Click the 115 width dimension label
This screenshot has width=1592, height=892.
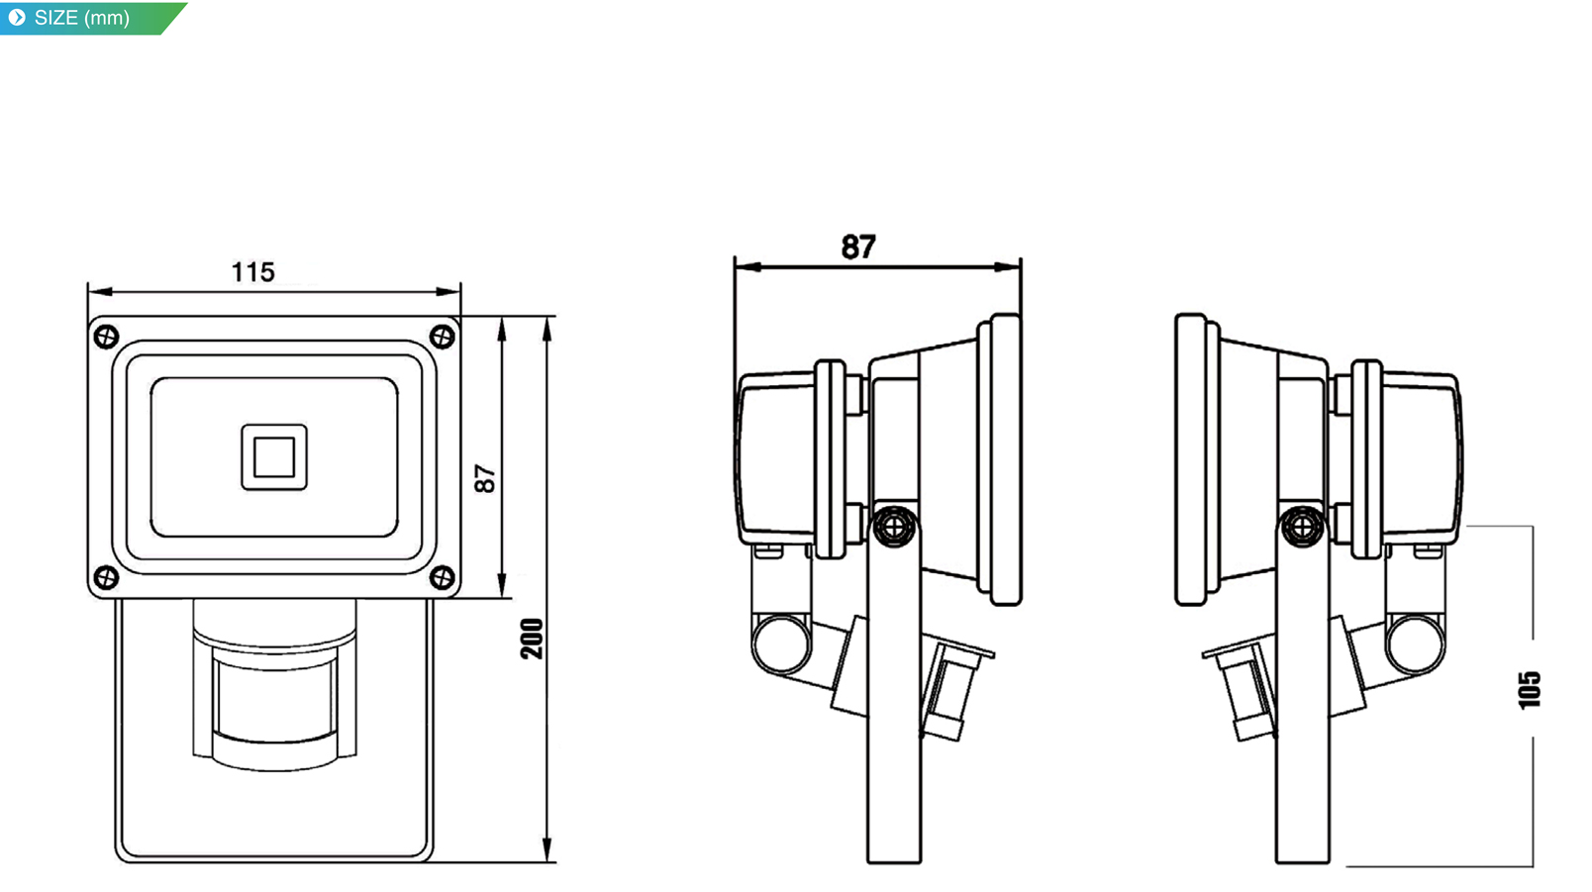[253, 272]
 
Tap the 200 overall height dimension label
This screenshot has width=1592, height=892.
[533, 639]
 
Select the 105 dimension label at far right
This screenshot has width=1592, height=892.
[1530, 690]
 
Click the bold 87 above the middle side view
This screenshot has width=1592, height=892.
[858, 248]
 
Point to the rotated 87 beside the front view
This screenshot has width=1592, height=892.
[485, 479]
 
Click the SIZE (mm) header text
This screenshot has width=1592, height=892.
[82, 18]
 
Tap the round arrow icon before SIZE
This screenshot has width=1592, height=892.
[17, 17]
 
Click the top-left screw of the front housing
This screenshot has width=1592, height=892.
[107, 337]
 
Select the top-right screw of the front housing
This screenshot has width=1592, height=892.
[443, 337]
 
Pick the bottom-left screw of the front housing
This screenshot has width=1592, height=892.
[107, 576]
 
